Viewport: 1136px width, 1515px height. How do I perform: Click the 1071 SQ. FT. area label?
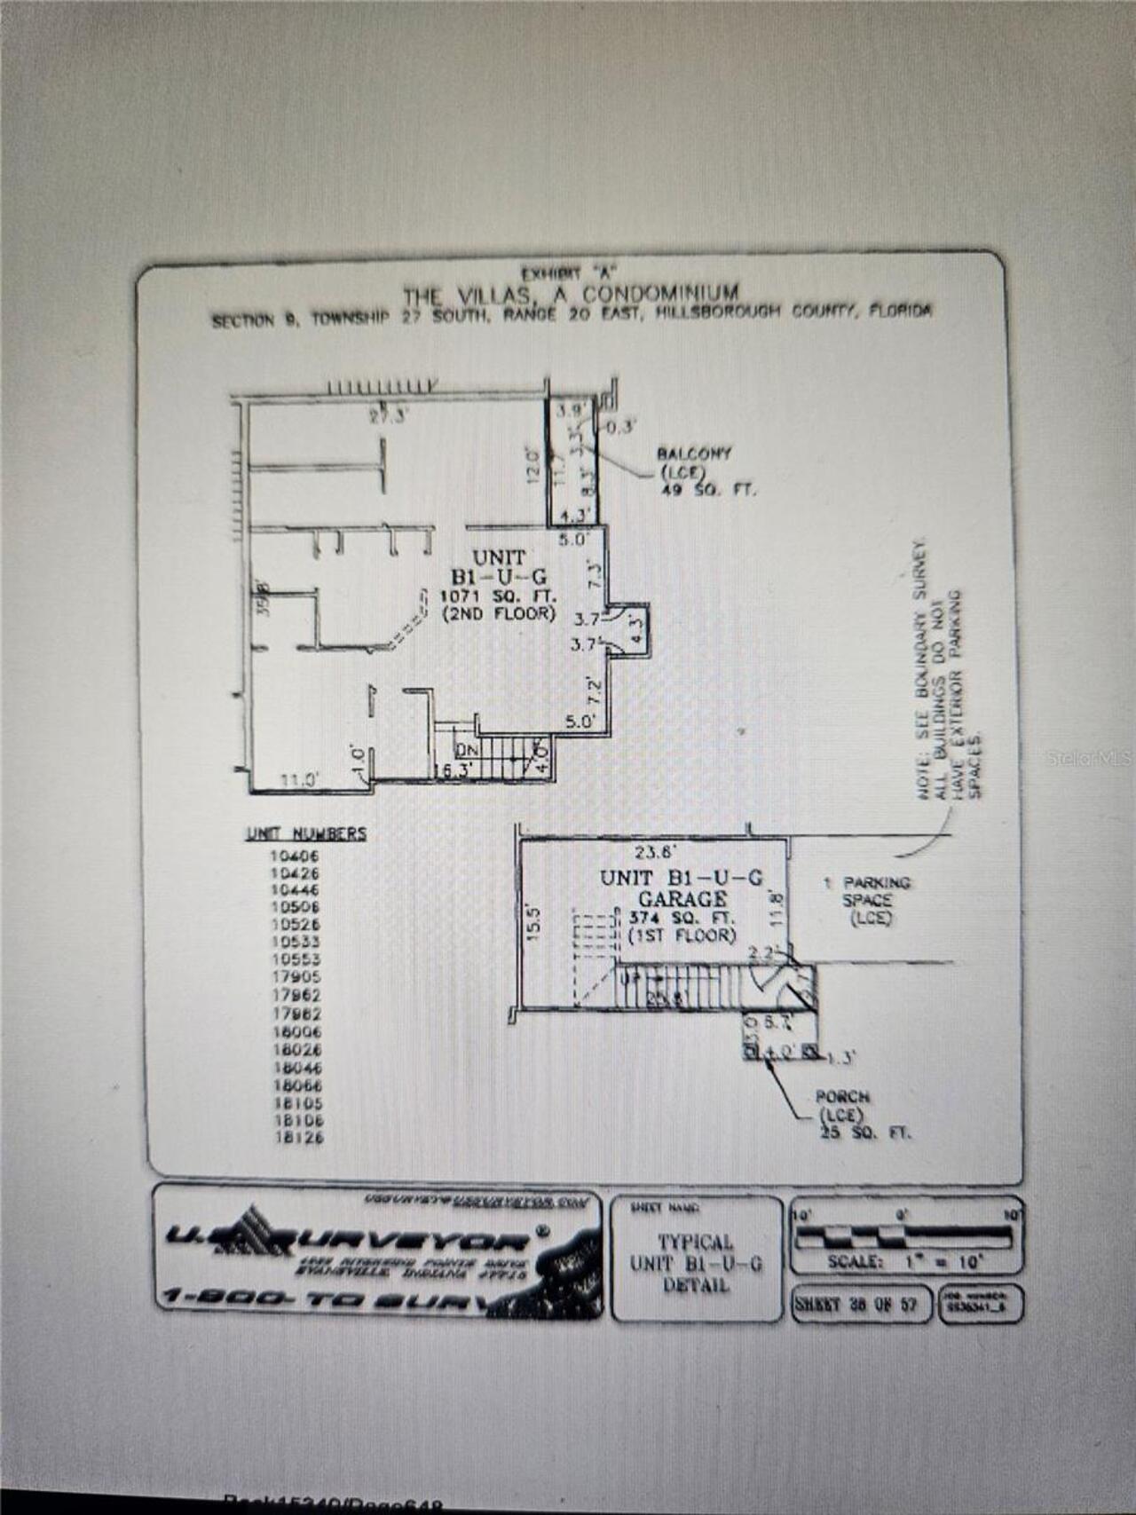(x=498, y=596)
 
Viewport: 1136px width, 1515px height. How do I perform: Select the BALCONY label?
(x=694, y=454)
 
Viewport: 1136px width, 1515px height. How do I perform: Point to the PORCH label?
(x=842, y=1098)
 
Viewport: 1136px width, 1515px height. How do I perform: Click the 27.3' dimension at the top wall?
(x=388, y=417)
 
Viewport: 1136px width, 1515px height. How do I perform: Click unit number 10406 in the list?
(x=296, y=856)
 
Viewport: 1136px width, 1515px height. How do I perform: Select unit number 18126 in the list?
(x=298, y=1137)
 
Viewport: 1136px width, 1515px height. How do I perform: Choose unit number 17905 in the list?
(x=296, y=977)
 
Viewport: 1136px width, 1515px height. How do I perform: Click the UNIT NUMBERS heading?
(x=306, y=834)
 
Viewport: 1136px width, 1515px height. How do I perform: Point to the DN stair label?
(x=466, y=750)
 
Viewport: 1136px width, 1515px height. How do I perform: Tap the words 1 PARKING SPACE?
(x=867, y=891)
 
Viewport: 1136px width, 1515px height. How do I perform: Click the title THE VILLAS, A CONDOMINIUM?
(x=571, y=294)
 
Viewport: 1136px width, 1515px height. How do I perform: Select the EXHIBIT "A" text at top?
(x=568, y=272)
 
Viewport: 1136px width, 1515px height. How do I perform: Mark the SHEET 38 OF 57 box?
(x=859, y=1305)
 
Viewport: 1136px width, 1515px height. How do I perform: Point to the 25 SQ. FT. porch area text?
(x=865, y=1133)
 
